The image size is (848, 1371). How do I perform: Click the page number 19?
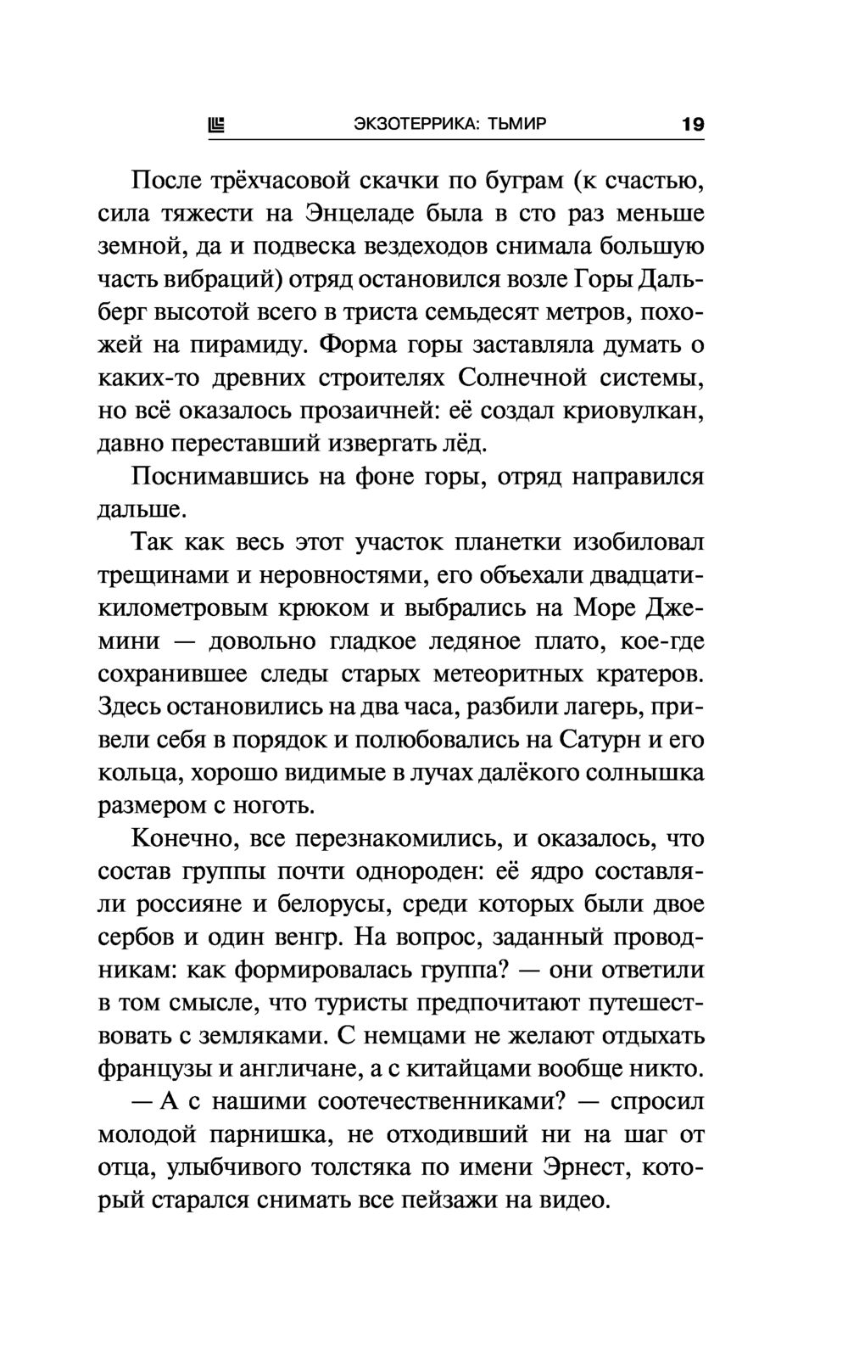pyautogui.click(x=692, y=125)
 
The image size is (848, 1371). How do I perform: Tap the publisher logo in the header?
pyautogui.click(x=217, y=126)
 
